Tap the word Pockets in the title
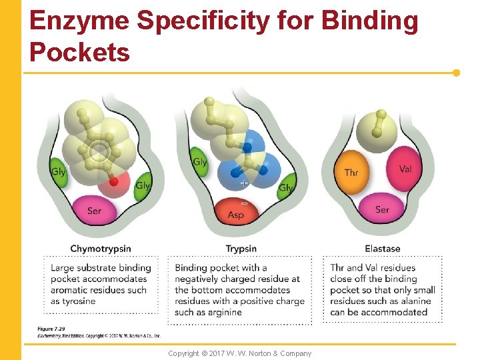coord(80,51)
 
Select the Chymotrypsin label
coord(101,249)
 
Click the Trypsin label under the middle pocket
coord(241,249)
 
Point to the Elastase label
coord(383,249)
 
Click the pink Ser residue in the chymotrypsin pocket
coord(95,211)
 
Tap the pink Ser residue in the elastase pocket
coord(382,209)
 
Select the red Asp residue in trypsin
coord(236,214)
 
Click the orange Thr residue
coord(351,173)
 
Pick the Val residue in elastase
coord(405,169)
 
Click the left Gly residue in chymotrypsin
coord(59,172)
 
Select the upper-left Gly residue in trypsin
coord(199,162)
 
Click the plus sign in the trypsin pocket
coord(244,182)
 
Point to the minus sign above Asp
coord(243,202)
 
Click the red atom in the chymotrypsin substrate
coord(114,181)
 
